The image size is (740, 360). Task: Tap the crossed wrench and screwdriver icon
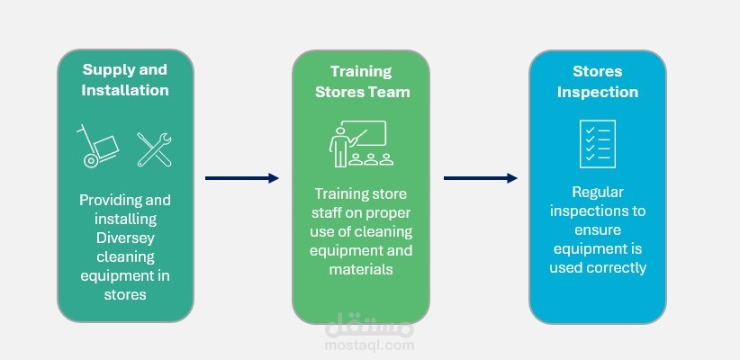(154, 148)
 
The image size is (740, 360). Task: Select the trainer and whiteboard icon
(360, 145)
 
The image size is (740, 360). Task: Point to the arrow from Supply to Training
(242, 178)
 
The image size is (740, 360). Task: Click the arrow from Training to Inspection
(480, 178)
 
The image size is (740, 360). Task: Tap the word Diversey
(125, 238)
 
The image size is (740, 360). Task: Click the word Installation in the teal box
(125, 90)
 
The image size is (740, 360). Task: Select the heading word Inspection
(597, 92)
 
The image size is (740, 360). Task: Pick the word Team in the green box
(389, 92)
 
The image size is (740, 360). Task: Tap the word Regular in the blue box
(598, 192)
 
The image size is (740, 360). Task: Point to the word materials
(361, 269)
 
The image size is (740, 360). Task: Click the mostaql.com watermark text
(370, 344)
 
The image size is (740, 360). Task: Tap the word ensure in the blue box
(597, 229)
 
